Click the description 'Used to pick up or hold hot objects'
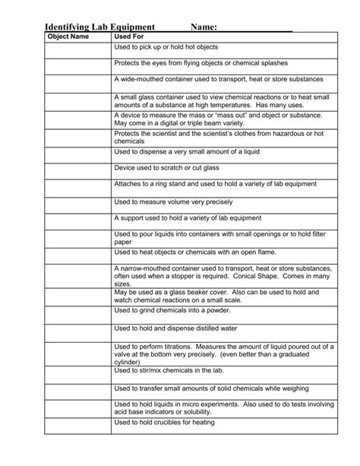point(165,47)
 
